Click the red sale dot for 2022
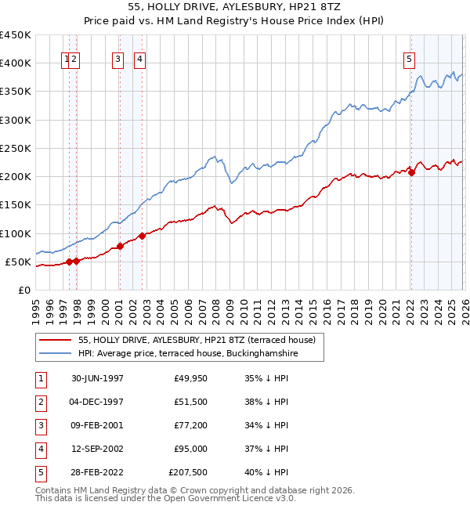pos(412,172)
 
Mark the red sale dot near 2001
pos(120,246)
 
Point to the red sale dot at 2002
pos(142,236)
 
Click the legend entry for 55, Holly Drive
pos(196,340)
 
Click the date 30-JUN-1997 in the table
pos(97,378)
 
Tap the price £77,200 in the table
pos(190,425)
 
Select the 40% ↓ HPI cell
pos(266,472)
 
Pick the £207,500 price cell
pos(188,472)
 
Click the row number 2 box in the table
pos(38,402)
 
